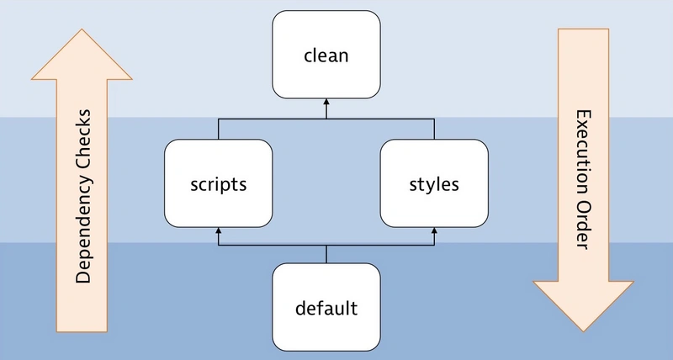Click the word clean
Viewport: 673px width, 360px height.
326,56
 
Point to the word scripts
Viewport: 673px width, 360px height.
219,184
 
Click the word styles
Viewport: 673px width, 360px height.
434,184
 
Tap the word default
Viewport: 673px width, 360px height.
326,308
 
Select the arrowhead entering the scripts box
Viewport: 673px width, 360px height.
219,231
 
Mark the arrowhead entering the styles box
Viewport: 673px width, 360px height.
434,231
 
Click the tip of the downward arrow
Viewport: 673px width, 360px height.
583,331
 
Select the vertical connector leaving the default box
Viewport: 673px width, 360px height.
326,254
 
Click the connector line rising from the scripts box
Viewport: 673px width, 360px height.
219,130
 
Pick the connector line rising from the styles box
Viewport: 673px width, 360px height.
434,130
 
